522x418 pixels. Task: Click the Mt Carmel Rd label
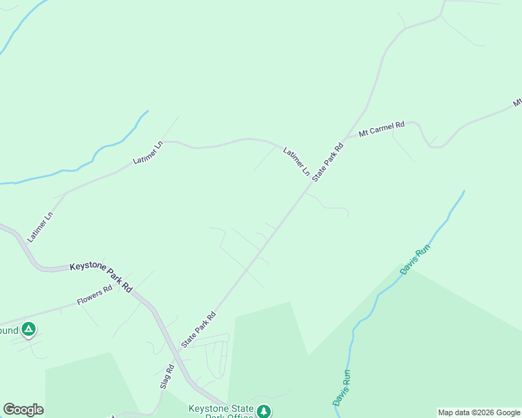point(381,129)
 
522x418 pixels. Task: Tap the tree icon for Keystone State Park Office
point(263,411)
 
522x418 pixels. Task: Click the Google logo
point(23,410)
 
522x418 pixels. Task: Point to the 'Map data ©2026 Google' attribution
point(479,412)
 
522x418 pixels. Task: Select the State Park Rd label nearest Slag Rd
point(198,330)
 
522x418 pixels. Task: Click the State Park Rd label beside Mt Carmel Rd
point(329,162)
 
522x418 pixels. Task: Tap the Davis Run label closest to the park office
point(341,388)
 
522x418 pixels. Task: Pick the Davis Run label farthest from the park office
point(415,258)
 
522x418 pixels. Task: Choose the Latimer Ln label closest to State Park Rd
point(296,161)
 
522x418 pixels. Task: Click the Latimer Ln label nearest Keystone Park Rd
point(40,226)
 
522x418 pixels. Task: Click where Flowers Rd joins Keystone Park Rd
point(133,288)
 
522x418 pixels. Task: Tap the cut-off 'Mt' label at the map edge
point(517,102)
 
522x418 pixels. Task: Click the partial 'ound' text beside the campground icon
point(8,330)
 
